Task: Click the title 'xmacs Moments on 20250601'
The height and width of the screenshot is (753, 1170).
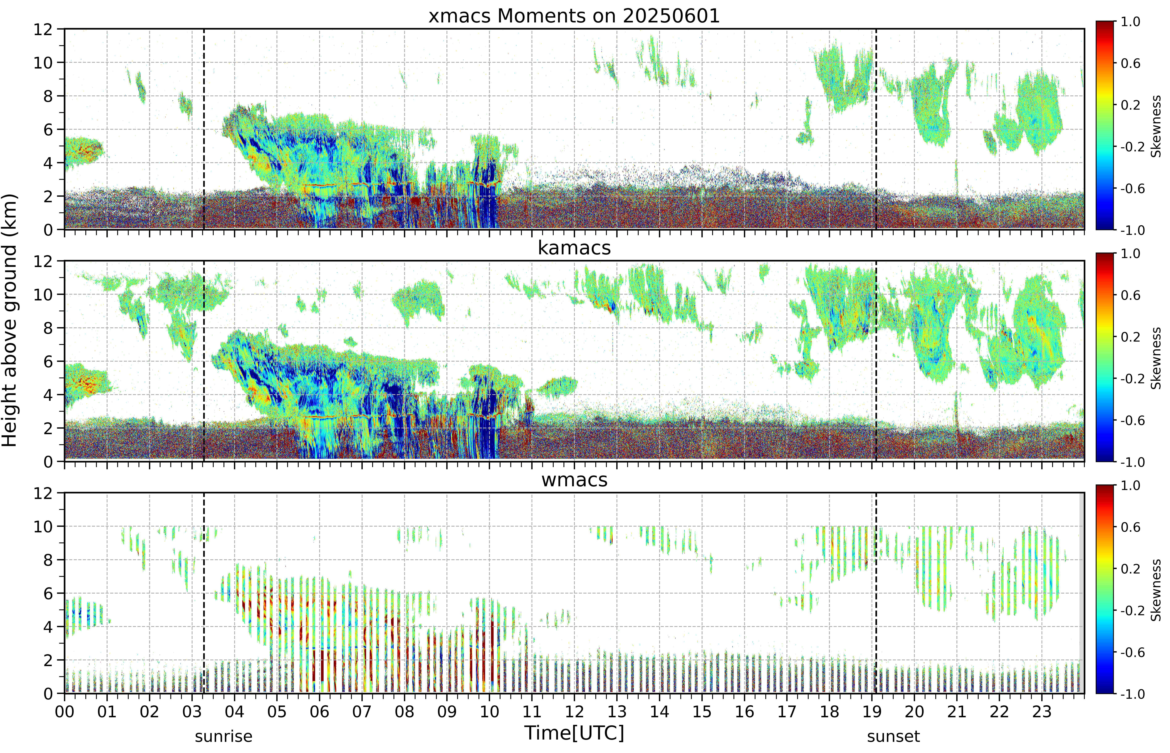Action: (574, 16)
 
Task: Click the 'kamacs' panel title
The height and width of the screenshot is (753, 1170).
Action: (574, 248)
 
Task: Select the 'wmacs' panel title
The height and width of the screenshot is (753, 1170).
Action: (574, 480)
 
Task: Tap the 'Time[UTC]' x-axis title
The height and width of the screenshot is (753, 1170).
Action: (574, 733)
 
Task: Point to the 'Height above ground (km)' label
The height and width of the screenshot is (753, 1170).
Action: (10, 320)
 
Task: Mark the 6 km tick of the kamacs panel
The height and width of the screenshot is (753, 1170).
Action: (48, 361)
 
